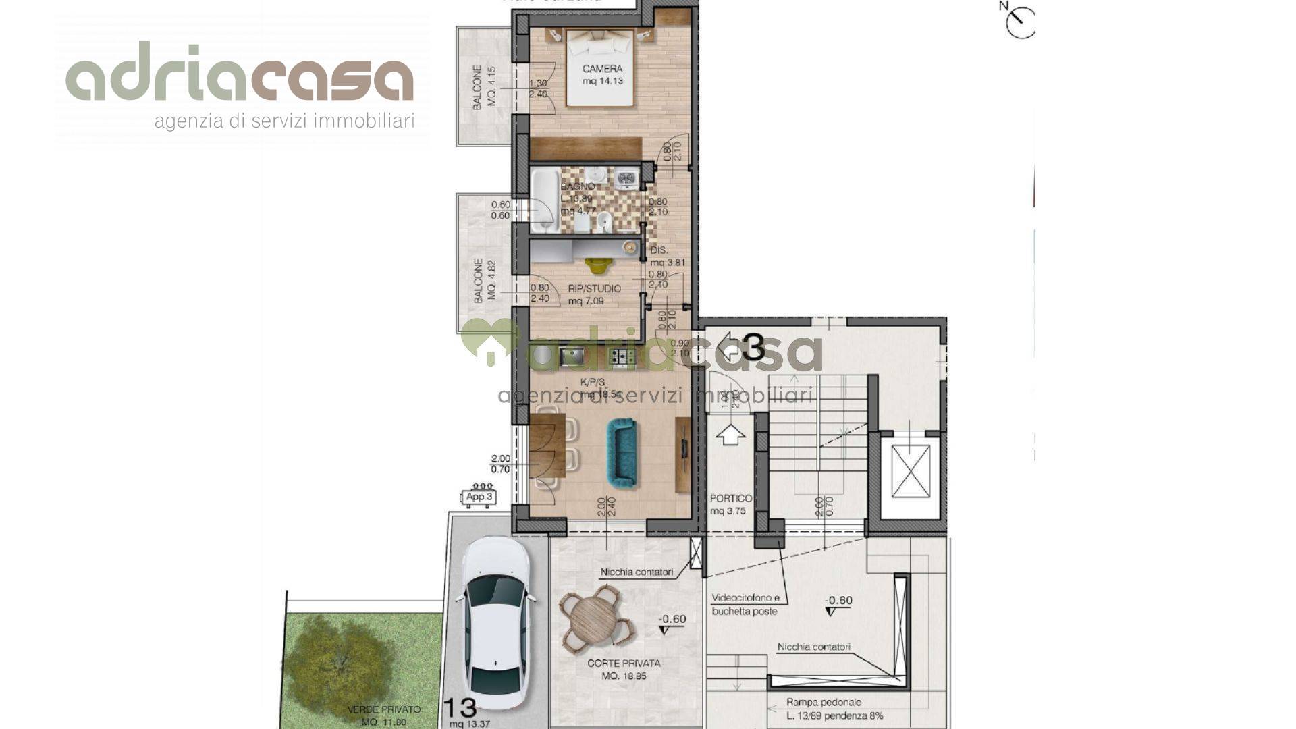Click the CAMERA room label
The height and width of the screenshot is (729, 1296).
pyautogui.click(x=602, y=69)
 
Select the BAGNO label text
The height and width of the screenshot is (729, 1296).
pyautogui.click(x=578, y=186)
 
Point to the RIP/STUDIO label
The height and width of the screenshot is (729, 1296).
pyautogui.click(x=594, y=289)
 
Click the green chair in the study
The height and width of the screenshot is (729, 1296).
pyautogui.click(x=595, y=266)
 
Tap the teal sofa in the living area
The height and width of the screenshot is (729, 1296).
pyautogui.click(x=621, y=452)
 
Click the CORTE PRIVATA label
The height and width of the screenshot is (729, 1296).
pyautogui.click(x=624, y=664)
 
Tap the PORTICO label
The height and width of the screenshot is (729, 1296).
pyautogui.click(x=730, y=499)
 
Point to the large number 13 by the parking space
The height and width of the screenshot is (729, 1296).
pyautogui.click(x=460, y=708)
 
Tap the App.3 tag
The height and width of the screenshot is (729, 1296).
pyautogui.click(x=479, y=497)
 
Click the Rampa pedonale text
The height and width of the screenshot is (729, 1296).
pyautogui.click(x=823, y=702)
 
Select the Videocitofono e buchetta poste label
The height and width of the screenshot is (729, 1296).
pyautogui.click(x=745, y=605)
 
